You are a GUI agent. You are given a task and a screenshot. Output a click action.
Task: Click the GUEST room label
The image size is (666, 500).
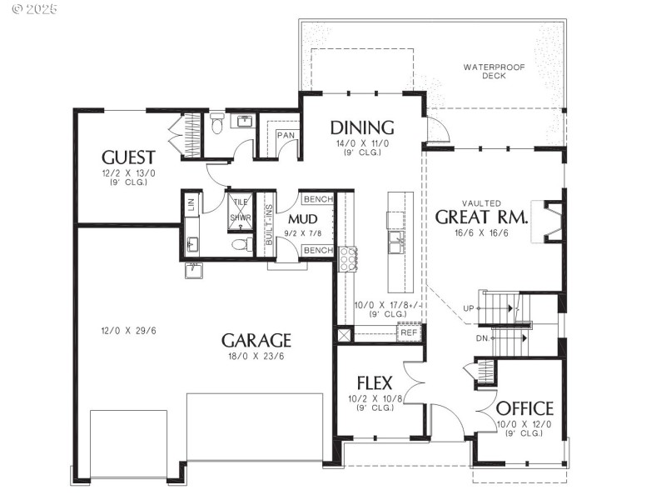tap(128, 157)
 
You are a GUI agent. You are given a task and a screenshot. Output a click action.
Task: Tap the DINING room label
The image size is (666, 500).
tap(362, 127)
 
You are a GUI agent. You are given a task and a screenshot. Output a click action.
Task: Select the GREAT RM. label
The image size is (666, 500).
tap(482, 217)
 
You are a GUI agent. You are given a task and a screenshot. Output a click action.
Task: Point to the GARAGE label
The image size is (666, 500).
tap(256, 340)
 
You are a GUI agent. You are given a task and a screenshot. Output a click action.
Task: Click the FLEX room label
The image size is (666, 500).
tap(375, 383)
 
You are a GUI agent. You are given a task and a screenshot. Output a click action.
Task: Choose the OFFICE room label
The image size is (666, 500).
tap(524, 408)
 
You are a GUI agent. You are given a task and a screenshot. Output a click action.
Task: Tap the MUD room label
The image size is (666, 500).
tap(300, 220)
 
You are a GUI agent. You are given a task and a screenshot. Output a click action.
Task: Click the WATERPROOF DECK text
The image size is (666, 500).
tap(495, 70)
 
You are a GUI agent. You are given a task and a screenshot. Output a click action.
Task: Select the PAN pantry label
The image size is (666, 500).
tap(286, 134)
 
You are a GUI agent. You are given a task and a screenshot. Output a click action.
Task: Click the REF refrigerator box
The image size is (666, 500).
tap(408, 332)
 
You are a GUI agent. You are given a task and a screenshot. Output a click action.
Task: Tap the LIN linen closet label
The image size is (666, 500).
tap(191, 202)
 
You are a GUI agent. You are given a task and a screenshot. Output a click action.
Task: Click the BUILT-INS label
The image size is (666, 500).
tap(269, 226)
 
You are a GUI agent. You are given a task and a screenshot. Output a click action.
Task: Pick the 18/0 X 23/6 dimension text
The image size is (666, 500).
tap(256, 356)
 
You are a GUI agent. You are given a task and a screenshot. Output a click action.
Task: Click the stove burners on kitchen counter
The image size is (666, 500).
tap(346, 258)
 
